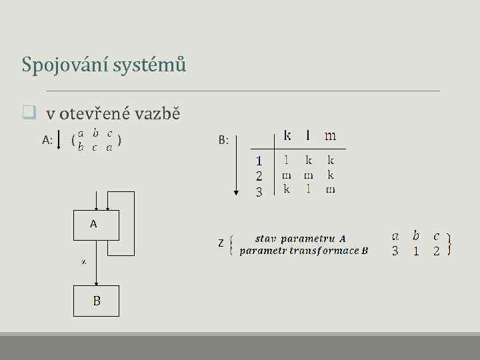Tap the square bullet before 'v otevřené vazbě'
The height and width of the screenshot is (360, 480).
28,113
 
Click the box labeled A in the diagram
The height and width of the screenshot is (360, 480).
96,225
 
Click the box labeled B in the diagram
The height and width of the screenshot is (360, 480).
96,301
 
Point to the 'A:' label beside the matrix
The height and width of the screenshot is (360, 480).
47,140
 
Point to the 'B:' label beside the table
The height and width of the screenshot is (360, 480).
224,140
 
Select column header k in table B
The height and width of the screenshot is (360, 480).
287,136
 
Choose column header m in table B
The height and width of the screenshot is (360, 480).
330,136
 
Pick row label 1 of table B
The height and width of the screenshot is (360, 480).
259,161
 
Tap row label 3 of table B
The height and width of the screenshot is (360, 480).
259,191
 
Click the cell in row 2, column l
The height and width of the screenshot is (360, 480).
308,175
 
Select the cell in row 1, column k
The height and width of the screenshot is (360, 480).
287,161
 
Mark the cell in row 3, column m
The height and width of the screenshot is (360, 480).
330,190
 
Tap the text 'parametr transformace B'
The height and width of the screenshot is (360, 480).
304,251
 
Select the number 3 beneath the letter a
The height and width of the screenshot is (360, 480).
395,251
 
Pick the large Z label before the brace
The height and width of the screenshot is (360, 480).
221,243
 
